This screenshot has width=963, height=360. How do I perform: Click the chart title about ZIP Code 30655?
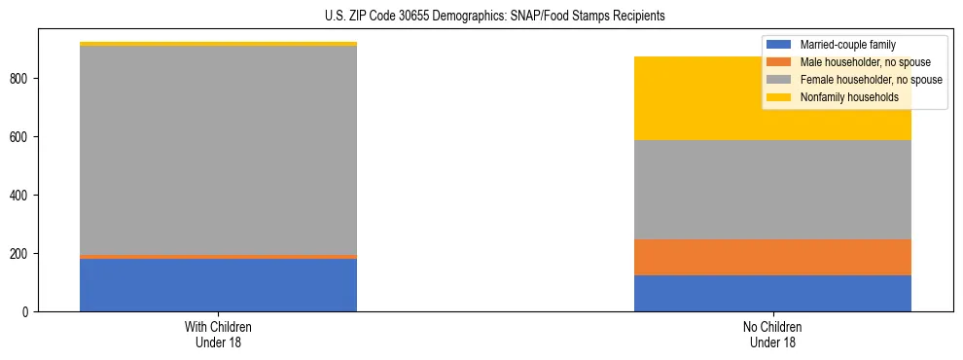pyautogui.click(x=481, y=17)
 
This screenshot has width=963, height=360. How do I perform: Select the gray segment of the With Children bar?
pyautogui.click(x=218, y=151)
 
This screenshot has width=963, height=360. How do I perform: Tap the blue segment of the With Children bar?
pyautogui.click(x=218, y=285)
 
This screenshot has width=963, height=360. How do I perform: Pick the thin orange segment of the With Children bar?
pyautogui.click(x=218, y=257)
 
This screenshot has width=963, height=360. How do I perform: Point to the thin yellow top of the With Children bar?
pyautogui.click(x=218, y=44)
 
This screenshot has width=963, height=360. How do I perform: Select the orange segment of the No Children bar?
pyautogui.click(x=772, y=258)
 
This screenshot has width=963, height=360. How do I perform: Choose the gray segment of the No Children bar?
pyautogui.click(x=772, y=190)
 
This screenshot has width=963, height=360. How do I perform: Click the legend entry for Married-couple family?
pyautogui.click(x=847, y=45)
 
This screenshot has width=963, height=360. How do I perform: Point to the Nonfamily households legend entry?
pyautogui.click(x=842, y=97)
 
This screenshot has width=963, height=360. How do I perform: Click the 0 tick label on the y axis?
pyautogui.click(x=27, y=312)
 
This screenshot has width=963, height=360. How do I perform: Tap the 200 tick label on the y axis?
pyautogui.click(x=21, y=254)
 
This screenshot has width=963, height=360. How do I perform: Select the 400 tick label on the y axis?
pyautogui.click(x=21, y=196)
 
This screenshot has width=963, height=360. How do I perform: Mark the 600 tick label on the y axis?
pyautogui.click(x=21, y=137)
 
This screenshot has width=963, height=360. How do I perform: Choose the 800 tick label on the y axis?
pyautogui.click(x=21, y=79)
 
